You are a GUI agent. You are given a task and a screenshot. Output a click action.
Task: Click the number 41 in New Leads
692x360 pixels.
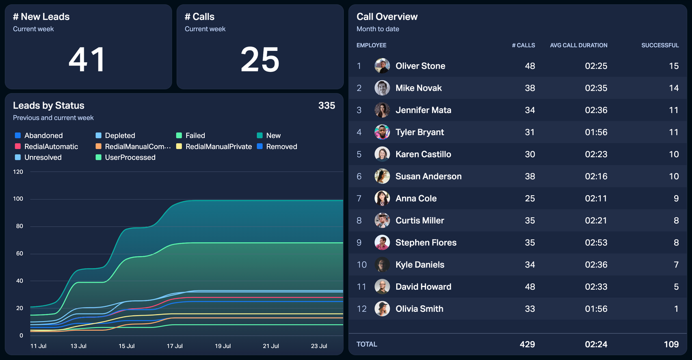[87, 59]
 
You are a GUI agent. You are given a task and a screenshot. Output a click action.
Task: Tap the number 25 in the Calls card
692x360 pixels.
[260, 59]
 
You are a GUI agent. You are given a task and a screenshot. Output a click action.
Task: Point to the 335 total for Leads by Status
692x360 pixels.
[327, 105]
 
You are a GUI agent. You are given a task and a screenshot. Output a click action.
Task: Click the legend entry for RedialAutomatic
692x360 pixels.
[51, 146]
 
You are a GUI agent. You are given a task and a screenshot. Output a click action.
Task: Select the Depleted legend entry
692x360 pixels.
[119, 136]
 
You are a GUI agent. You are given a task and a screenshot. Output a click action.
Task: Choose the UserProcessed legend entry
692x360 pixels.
[130, 157]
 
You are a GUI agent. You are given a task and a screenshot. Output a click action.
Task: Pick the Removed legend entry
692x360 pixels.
[281, 146]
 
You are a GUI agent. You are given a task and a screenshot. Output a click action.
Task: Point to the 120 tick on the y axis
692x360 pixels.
[18, 172]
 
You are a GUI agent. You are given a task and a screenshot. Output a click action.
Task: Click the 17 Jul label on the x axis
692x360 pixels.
[175, 346]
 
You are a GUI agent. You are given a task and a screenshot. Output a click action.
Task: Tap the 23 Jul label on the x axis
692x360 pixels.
[319, 346]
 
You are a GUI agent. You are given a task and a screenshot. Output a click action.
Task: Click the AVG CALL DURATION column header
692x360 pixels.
[578, 45]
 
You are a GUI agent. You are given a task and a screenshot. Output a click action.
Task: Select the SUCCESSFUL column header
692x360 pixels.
[660, 45]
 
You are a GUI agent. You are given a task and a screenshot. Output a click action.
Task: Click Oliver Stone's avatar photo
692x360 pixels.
[382, 66]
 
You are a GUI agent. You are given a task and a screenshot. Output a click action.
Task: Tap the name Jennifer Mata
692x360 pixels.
[423, 110]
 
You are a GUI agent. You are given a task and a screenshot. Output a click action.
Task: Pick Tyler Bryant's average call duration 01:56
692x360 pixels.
[596, 132]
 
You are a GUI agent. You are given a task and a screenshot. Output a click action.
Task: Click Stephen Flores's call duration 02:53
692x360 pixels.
[596, 243]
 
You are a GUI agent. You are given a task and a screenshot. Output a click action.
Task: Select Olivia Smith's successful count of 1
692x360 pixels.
[676, 309]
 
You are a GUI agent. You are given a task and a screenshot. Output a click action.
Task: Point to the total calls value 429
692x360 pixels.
[527, 344]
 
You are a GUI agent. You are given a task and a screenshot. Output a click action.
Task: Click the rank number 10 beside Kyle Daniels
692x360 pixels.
[362, 265]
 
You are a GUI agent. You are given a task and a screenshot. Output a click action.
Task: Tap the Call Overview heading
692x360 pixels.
[387, 17]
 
